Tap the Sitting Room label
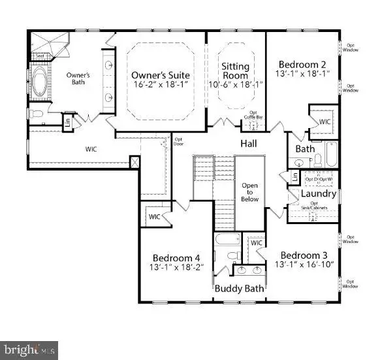tap(236, 67)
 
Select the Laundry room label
tap(318, 193)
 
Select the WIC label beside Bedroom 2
tap(325, 122)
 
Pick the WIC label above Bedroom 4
tap(155, 216)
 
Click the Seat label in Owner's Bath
tap(40, 56)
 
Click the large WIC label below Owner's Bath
tap(92, 149)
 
